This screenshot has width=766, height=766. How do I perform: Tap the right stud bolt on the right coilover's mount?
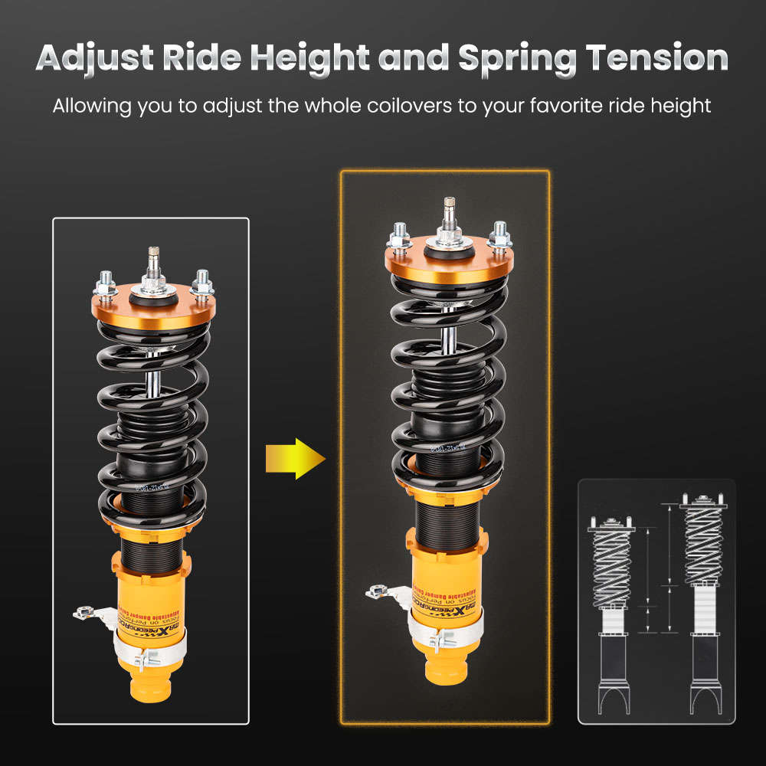(x=499, y=234)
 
